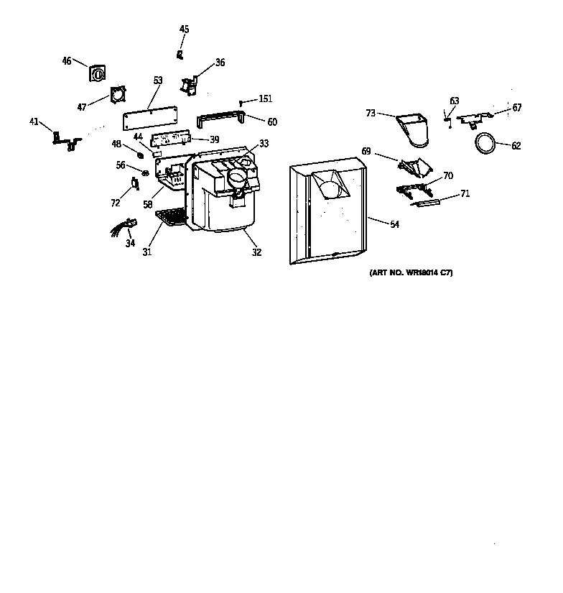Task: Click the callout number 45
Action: pyautogui.click(x=185, y=29)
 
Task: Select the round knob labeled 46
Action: pyautogui.click(x=96, y=73)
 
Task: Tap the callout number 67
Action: pyautogui.click(x=517, y=108)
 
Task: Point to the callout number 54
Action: pyautogui.click(x=394, y=225)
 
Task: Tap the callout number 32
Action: pyautogui.click(x=256, y=252)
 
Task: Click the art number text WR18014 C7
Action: pyautogui.click(x=411, y=273)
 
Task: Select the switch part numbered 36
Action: pyautogui.click(x=190, y=86)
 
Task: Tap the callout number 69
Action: pyautogui.click(x=366, y=152)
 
